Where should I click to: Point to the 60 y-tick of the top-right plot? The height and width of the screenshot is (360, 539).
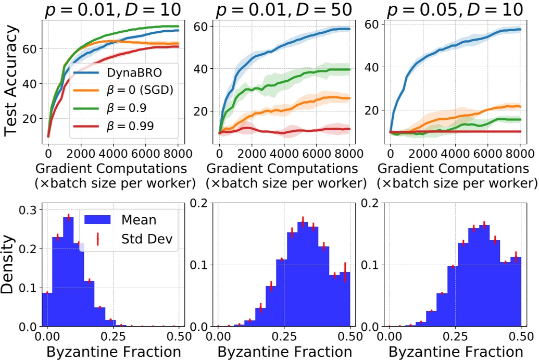pos(371,24)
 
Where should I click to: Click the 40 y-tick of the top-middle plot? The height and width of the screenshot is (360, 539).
pos(200,69)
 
